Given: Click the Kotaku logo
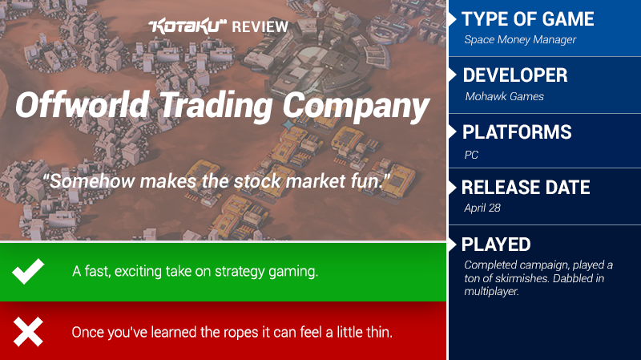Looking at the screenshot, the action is [x=187, y=26].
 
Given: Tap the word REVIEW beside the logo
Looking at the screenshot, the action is [x=260, y=27].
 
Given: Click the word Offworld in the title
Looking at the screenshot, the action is [x=83, y=105].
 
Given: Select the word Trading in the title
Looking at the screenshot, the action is [x=216, y=106].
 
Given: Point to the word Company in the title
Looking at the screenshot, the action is [x=356, y=107].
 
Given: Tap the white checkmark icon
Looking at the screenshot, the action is [x=28, y=271].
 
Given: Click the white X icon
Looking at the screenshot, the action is [x=28, y=332].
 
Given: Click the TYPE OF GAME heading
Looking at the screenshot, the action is [x=527, y=18].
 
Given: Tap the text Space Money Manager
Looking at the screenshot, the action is [x=520, y=39].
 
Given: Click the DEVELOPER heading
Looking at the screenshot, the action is [x=515, y=75].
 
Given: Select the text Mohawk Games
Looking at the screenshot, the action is [x=505, y=96].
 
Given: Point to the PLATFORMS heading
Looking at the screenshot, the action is [x=517, y=132].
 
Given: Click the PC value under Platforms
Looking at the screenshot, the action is [x=471, y=155].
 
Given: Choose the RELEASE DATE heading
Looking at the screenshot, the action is [x=526, y=188].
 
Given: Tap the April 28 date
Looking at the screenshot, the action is [x=482, y=208].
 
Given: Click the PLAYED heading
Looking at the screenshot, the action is [x=496, y=245].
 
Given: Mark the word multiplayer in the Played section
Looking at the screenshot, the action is [x=491, y=292].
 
